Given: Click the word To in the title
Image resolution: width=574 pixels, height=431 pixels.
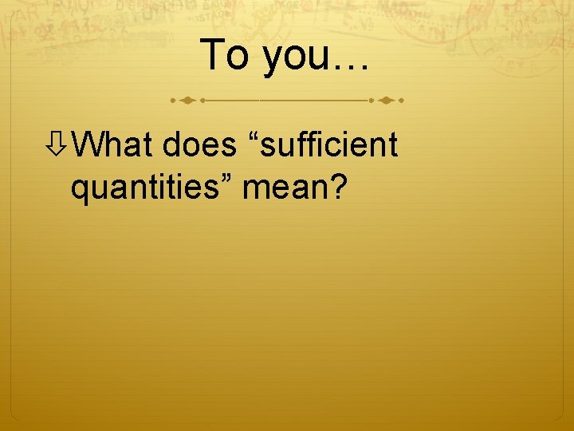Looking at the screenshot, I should coord(226,55).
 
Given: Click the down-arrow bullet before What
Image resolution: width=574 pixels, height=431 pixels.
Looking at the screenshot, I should coord(57,145).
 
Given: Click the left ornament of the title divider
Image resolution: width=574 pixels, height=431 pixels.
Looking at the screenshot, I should coord(187,101).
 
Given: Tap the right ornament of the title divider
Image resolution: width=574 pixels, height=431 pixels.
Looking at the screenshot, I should coord(387,101).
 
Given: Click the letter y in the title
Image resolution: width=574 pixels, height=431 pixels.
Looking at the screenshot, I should coord(272,61).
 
